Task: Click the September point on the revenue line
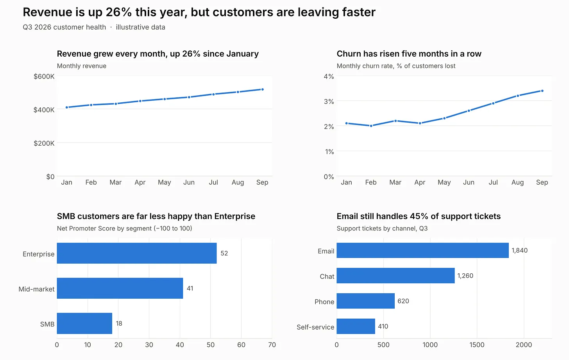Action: pos(262,89)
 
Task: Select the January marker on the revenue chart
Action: pos(67,107)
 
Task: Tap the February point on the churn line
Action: pos(371,126)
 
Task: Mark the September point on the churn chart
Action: pos(542,91)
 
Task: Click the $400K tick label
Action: pos(44,110)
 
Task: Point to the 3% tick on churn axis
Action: pos(329,102)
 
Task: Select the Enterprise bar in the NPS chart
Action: pos(137,253)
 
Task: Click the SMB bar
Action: pos(84,323)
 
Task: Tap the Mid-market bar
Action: pos(120,288)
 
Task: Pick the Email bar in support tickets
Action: pos(423,250)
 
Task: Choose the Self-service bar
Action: pos(356,326)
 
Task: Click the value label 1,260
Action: pos(465,276)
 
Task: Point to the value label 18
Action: pos(119,323)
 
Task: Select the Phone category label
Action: pos(324,301)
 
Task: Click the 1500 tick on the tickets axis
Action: pos(477,345)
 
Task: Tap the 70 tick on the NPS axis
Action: pos(272,345)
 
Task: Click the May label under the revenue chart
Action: pos(165,182)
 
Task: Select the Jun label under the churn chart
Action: pos(469,182)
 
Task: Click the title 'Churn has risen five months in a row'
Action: pos(409,54)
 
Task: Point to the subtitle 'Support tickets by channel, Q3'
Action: pos(382,228)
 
